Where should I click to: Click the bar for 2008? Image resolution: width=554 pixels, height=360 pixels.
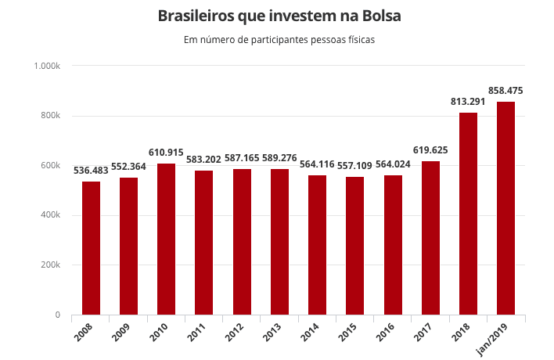point(91,248)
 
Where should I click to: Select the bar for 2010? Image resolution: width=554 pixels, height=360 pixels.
point(166,239)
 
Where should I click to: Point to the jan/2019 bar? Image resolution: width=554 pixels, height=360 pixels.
point(505,208)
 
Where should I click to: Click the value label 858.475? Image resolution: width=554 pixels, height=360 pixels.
point(505,91)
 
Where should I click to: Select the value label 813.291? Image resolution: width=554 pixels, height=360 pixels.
point(468,102)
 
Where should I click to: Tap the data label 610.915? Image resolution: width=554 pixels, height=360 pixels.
point(166,152)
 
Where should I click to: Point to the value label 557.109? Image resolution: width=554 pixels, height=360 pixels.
point(355,165)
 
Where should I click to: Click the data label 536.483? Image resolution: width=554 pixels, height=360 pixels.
point(91,170)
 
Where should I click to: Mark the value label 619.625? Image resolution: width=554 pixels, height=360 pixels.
point(430,149)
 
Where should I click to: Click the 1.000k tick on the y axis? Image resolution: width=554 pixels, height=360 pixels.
point(48,66)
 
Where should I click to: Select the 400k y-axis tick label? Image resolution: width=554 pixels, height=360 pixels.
point(51,215)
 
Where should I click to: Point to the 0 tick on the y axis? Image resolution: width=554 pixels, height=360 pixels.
point(57,315)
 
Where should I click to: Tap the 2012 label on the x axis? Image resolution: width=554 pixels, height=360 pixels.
point(236,332)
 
